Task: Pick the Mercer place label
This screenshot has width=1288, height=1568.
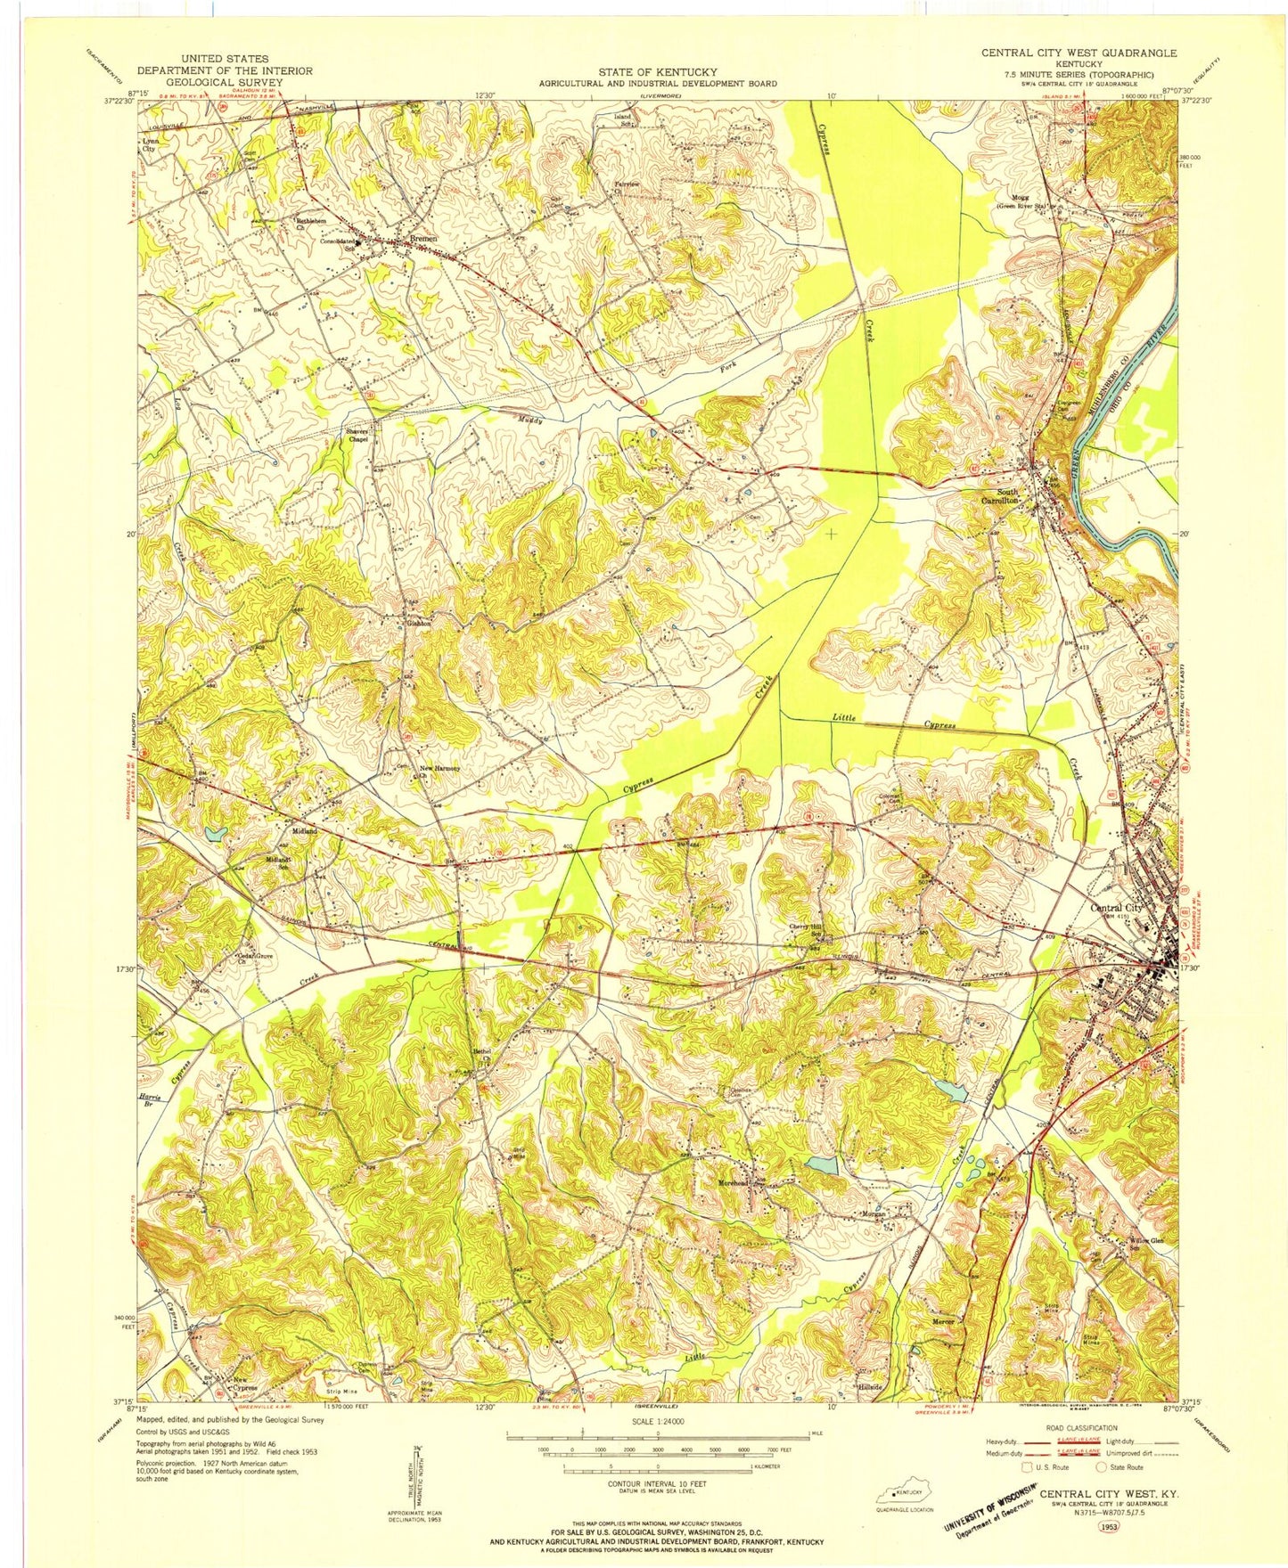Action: click(943, 1321)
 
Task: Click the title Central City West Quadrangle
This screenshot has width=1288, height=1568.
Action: click(1079, 53)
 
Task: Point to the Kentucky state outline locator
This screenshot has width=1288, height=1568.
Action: click(900, 1494)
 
